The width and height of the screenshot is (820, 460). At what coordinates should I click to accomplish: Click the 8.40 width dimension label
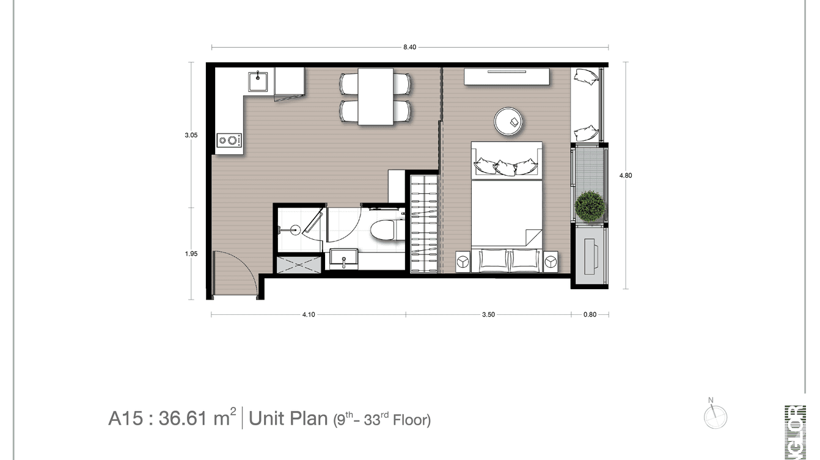coord(409,48)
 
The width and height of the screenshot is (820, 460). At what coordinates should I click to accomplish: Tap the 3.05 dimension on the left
coord(191,135)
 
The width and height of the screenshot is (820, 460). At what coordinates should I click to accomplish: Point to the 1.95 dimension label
coord(191,254)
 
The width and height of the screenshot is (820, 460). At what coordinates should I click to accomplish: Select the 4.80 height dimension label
coord(625,176)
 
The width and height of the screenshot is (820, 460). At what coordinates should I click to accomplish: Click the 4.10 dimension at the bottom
coord(308,315)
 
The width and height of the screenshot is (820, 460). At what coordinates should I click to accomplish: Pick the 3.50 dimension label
coord(488,315)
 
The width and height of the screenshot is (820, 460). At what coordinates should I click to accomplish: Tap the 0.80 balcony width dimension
coord(590,315)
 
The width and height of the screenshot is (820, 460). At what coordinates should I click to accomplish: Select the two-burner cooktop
coord(229,141)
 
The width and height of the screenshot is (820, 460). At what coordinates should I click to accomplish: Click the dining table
coord(375,96)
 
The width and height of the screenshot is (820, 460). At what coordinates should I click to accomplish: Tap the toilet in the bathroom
coord(386,231)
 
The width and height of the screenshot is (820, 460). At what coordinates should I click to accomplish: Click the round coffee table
coord(509,121)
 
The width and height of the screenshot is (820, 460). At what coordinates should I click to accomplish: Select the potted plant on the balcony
coord(590,206)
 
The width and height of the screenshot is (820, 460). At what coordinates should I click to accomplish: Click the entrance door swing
coord(235,273)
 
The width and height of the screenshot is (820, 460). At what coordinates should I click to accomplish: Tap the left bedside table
coord(463,261)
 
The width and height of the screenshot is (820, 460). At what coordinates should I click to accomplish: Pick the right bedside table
coord(551,261)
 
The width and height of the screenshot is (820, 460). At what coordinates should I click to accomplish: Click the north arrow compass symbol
coord(715,417)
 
